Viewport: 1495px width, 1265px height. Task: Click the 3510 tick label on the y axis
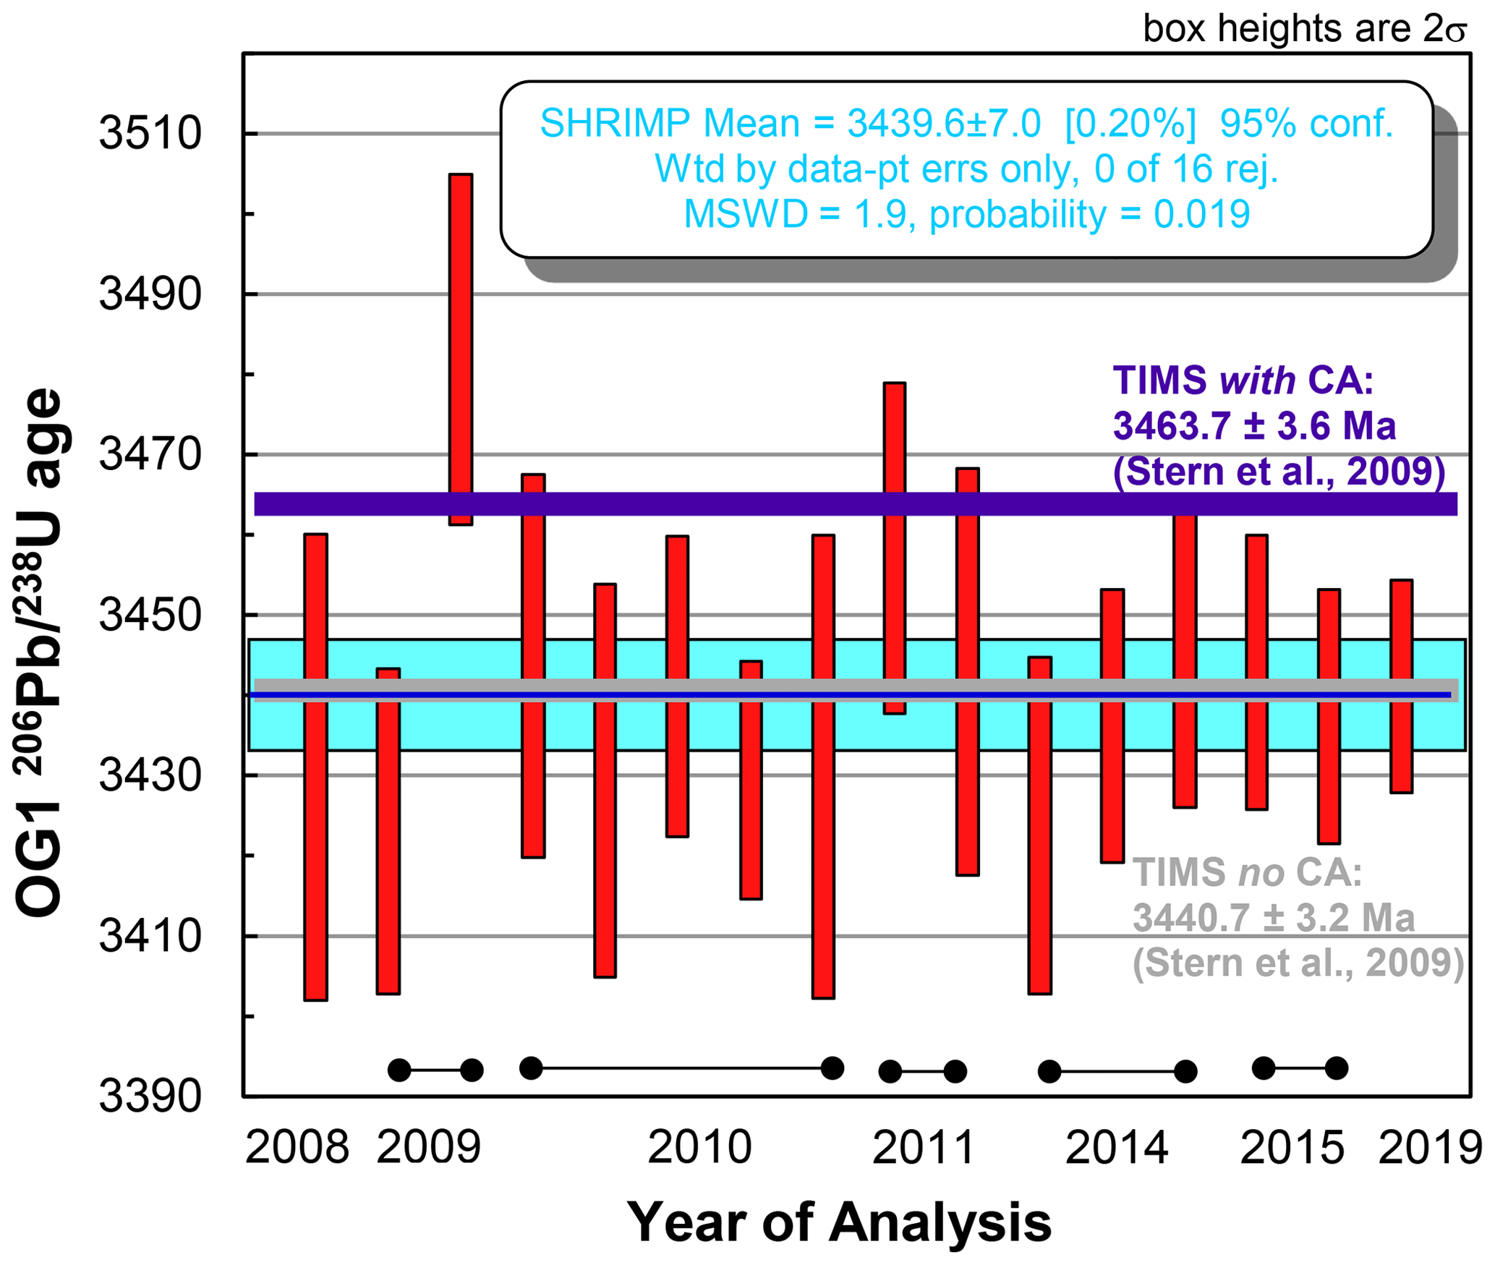[x=150, y=134]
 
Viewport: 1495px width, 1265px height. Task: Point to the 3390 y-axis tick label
[x=150, y=1096]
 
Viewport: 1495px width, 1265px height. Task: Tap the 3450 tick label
[x=150, y=616]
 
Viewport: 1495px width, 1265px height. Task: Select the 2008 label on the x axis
[x=297, y=1148]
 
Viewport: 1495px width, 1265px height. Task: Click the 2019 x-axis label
[x=1431, y=1148]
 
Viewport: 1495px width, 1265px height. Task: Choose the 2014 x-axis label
[x=1117, y=1148]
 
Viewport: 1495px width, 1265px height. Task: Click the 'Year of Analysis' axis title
[x=839, y=1222]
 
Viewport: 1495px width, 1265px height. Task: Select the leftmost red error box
[x=316, y=767]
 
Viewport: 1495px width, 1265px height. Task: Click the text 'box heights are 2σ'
[x=1304, y=29]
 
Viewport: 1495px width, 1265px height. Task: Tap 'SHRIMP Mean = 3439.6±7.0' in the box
[x=791, y=124]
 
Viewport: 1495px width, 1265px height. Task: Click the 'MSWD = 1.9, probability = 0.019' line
[x=967, y=214]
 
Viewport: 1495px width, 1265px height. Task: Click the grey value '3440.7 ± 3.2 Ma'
[x=1273, y=918]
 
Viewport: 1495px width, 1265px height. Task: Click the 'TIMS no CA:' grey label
[x=1247, y=872]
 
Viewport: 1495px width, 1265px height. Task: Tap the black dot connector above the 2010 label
[x=681, y=1068]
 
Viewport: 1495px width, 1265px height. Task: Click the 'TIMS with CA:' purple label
[x=1243, y=380]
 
